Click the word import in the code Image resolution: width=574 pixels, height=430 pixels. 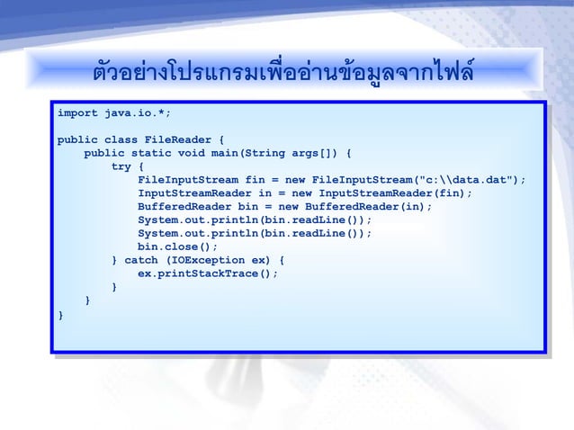tap(76, 114)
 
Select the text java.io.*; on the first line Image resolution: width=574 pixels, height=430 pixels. tap(138, 114)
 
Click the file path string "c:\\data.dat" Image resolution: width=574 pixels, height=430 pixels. tap(462, 180)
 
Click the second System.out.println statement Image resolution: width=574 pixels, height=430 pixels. tap(254, 233)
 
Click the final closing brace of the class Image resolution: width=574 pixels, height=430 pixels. tap(60, 314)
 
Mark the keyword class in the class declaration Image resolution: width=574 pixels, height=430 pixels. tap(121, 140)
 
